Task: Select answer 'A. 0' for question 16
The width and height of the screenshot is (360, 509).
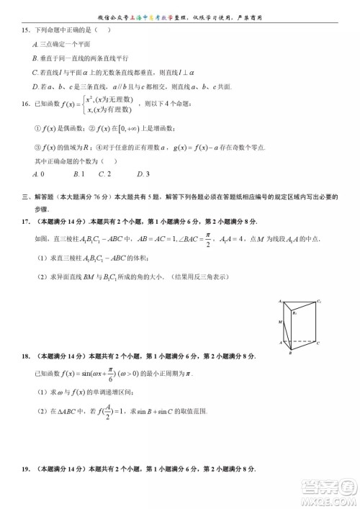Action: pyautogui.click(x=39, y=174)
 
